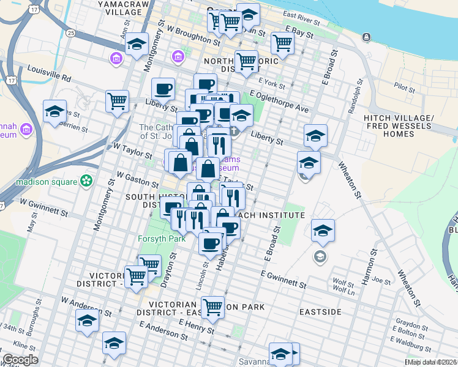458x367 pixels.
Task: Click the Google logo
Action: click(x=20, y=360)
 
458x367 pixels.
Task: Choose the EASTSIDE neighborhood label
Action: click(x=320, y=312)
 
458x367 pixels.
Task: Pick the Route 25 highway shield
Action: click(x=71, y=32)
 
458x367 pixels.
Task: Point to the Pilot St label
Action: click(x=405, y=87)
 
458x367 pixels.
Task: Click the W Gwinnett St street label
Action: click(x=43, y=206)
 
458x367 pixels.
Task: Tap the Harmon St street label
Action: click(x=369, y=267)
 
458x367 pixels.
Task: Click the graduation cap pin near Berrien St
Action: click(x=54, y=112)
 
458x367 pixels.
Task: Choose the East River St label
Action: click(x=302, y=20)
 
